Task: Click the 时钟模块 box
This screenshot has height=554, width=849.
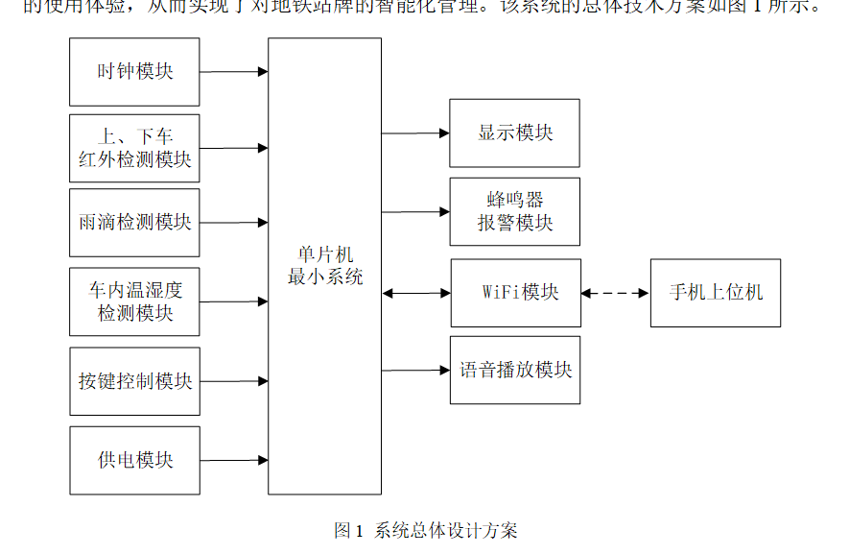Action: tap(134, 72)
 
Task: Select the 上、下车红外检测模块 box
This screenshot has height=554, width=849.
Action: tap(134, 148)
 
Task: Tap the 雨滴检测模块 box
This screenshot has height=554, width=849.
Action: tap(134, 223)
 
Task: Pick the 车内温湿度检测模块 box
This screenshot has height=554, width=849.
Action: tap(134, 301)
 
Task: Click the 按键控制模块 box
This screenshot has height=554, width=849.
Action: tap(134, 381)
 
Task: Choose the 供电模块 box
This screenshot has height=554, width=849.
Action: tap(134, 460)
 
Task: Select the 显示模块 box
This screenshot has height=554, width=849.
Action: tap(514, 132)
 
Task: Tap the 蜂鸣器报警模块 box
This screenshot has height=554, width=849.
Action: tap(514, 211)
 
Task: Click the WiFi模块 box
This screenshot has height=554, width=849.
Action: tap(516, 293)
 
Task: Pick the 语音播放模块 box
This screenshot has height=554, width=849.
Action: tap(514, 370)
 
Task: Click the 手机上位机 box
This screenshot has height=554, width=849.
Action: tap(715, 293)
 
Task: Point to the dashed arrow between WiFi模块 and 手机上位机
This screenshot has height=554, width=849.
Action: tap(615, 293)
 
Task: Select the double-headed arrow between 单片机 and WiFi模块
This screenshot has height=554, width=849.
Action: tap(415, 293)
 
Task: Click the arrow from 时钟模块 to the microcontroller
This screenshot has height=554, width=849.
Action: tap(233, 72)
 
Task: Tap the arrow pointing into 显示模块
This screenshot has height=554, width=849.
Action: tap(414, 133)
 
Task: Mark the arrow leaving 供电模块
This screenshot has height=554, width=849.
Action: tap(233, 461)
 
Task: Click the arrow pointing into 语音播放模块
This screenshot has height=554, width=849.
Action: tap(414, 370)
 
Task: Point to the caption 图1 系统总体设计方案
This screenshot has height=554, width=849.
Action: tap(425, 530)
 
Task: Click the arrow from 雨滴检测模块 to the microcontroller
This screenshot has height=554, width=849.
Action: tap(233, 223)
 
